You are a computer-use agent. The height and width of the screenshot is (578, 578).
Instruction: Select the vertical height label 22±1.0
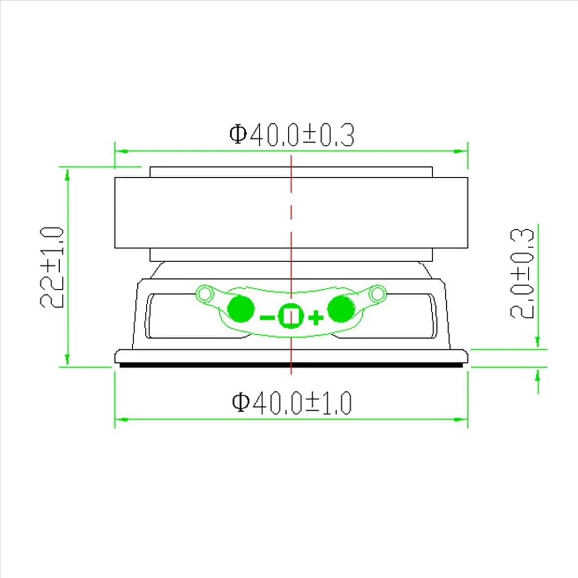click(52, 267)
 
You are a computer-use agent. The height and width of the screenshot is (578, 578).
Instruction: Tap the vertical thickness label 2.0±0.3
click(523, 272)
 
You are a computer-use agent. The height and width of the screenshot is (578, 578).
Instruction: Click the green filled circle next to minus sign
click(241, 309)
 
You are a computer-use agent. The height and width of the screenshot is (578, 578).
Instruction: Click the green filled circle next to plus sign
click(341, 309)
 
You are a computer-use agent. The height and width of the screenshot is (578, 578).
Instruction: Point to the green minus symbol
click(267, 317)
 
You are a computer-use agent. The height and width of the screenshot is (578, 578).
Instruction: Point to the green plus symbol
click(315, 317)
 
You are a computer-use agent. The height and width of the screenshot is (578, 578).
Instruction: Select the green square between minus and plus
click(291, 316)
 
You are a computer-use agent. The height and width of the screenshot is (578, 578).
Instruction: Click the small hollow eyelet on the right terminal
click(377, 292)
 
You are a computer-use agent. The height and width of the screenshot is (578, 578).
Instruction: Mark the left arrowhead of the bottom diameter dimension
click(121, 419)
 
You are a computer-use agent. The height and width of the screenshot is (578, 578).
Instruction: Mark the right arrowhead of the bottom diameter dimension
click(461, 419)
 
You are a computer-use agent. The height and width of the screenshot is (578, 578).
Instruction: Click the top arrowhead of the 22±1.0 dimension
click(67, 175)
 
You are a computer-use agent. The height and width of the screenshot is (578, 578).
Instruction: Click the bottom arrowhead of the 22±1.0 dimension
click(67, 359)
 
